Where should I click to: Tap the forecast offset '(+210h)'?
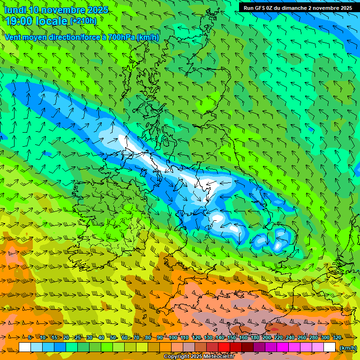83,21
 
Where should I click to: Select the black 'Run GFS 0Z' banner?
298,7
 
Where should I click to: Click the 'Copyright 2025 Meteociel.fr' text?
199,357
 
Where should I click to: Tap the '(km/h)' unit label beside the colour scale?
347,347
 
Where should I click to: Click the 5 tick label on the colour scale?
30,337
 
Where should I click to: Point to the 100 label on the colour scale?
173,337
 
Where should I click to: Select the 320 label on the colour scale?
337,337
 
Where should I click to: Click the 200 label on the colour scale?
266,337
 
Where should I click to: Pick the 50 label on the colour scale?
113,337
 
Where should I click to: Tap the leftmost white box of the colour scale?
25,347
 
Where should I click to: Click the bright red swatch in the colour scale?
224,347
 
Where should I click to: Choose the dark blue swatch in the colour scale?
60,347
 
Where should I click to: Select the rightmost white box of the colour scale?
330,347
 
